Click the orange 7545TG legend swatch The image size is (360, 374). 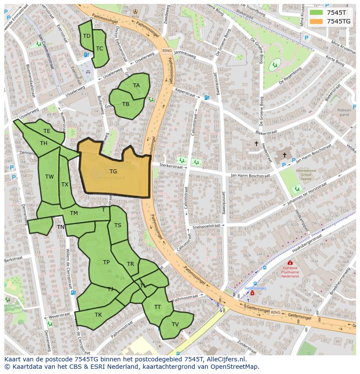pyautogui.click(x=316, y=21)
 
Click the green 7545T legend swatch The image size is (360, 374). pyautogui.click(x=316, y=12)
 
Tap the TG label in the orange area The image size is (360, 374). pyautogui.click(x=113, y=172)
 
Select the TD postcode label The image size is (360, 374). pyautogui.click(x=87, y=36)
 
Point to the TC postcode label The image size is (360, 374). pyautogui.click(x=100, y=49)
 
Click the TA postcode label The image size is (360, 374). pyautogui.click(x=137, y=86)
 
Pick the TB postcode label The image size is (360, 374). pyautogui.click(x=126, y=104)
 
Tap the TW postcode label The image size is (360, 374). pyautogui.click(x=50, y=177)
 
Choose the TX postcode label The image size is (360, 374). pyautogui.click(x=65, y=185)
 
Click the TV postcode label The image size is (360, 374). pyautogui.click(x=175, y=324)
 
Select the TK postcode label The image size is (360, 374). pyautogui.click(x=98, y=315)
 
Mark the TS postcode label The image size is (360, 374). pyautogui.click(x=118, y=225)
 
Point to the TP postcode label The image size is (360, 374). pyautogui.click(x=106, y=262)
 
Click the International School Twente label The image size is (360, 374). pyautogui.click(x=306, y=175)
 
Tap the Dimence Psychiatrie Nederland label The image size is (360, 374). pyautogui.click(x=290, y=273)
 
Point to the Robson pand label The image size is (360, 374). pyautogui.click(x=344, y=113)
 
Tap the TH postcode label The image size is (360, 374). pyautogui.click(x=43, y=143)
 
